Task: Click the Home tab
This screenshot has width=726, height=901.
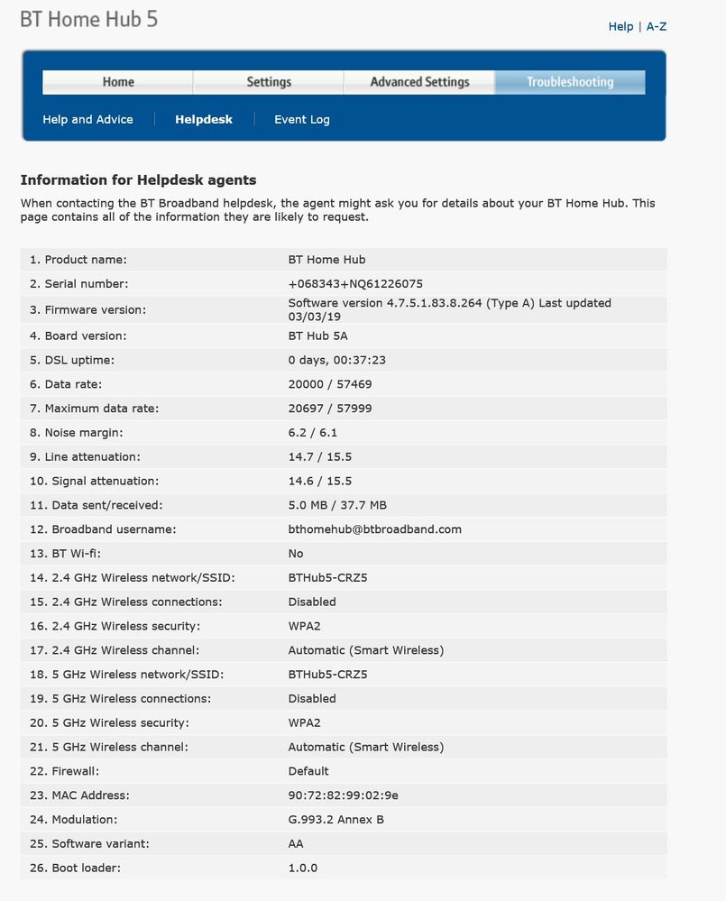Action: click(x=118, y=82)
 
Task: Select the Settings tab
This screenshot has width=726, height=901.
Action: click(x=269, y=82)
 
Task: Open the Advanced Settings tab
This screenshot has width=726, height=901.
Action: click(x=419, y=82)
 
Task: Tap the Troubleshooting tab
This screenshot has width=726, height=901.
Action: click(x=570, y=82)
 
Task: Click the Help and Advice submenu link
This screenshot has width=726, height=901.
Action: click(x=87, y=119)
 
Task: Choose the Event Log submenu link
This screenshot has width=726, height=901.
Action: click(x=302, y=119)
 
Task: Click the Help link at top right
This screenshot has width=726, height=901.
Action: click(x=620, y=26)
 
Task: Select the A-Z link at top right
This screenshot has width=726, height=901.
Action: click(x=657, y=26)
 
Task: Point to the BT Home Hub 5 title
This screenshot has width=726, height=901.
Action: click(x=88, y=19)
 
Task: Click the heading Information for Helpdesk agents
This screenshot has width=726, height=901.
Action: click(x=138, y=179)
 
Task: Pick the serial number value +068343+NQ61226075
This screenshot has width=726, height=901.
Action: click(x=355, y=283)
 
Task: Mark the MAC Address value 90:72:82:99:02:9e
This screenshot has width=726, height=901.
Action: click(x=343, y=795)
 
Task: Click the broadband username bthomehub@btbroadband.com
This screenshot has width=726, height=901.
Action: click(x=374, y=529)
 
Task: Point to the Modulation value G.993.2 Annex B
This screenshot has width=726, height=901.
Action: click(x=336, y=820)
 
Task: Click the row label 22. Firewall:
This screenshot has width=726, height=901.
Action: click(x=65, y=771)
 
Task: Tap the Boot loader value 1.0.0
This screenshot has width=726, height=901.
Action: click(x=302, y=868)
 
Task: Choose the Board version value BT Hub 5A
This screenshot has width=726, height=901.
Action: click(x=317, y=336)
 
